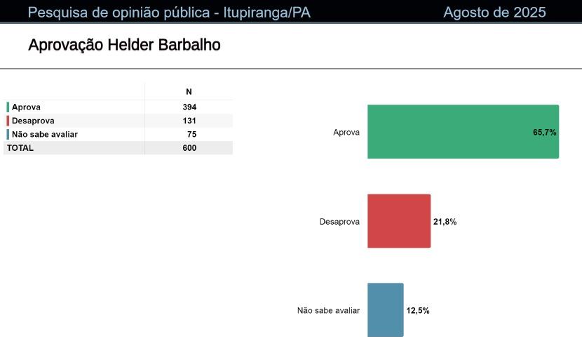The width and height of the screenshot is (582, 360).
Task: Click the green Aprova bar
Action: pos(463,131)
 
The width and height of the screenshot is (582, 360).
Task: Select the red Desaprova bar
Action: pos(399,220)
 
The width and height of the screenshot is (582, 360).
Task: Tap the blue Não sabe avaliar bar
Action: pos(385,310)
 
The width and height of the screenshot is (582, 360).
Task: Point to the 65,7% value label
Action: pos(545,132)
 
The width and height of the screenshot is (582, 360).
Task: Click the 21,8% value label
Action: pos(445,222)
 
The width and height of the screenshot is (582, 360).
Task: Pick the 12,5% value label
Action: pos(418,311)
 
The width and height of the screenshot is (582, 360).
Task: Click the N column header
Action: pos(189,92)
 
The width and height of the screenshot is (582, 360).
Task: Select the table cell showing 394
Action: pos(189,107)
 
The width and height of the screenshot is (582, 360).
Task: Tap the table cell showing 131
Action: pos(189,121)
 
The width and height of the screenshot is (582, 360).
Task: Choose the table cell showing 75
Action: pos(192,134)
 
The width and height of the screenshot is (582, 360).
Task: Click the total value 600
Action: pos(189,148)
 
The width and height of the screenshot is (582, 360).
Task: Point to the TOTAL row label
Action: pos(20,148)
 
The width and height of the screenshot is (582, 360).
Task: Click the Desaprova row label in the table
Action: pos(33,121)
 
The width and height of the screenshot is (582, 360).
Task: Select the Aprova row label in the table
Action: pos(26,107)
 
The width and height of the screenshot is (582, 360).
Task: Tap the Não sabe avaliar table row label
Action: pos(45,134)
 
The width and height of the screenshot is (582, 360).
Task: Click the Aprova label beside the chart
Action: pos(346,132)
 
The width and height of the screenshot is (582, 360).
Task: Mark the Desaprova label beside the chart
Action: pos(339,222)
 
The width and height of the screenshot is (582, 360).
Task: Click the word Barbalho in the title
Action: pos(189,45)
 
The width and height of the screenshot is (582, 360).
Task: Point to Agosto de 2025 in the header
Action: pos(494,12)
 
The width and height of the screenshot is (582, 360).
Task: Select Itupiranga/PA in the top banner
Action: pos(267,13)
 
